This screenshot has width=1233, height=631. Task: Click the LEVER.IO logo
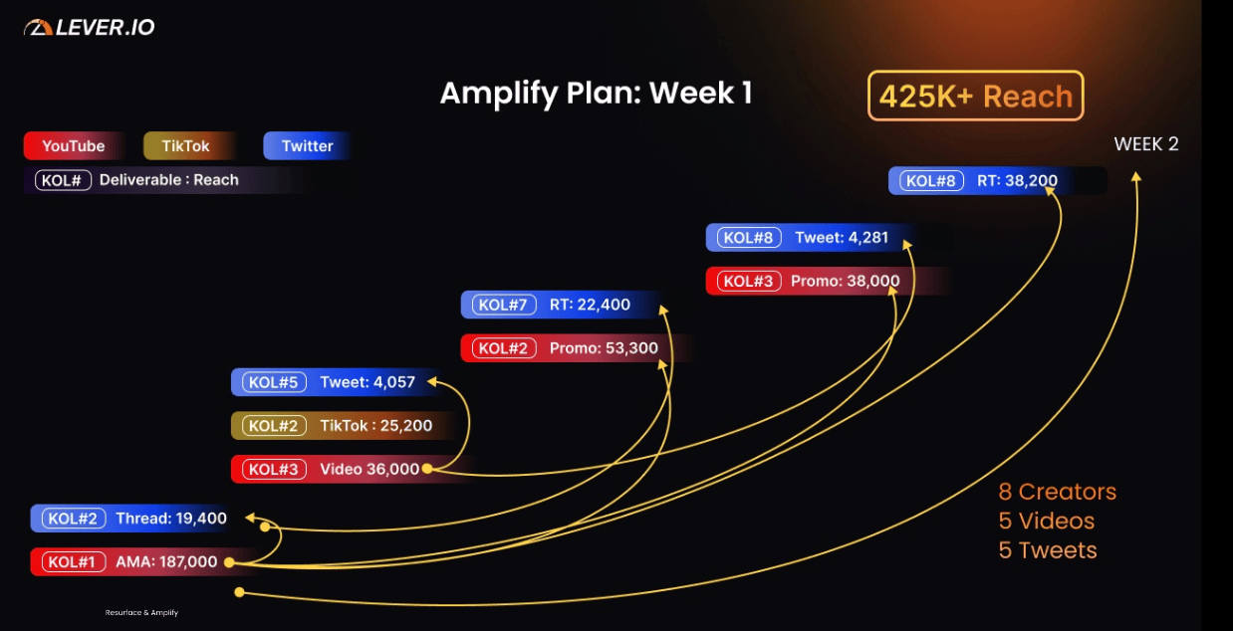90,28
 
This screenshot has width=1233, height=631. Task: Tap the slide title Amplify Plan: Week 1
596,94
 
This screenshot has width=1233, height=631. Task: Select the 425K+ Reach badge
975,97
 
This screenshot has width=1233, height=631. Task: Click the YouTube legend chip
73,146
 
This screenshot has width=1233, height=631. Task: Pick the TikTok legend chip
186,146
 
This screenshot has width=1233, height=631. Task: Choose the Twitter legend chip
307,146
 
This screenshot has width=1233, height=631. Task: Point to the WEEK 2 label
1145,144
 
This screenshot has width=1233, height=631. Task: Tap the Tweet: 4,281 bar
817,238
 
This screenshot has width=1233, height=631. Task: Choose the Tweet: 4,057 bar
334,382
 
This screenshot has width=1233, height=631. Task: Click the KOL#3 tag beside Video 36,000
274,470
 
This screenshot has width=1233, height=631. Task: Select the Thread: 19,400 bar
139,519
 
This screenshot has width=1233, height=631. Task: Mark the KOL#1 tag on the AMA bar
71,562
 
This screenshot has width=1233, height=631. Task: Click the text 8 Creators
1057,492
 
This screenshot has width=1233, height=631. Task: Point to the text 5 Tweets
1047,550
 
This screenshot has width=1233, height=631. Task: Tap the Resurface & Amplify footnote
141,613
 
